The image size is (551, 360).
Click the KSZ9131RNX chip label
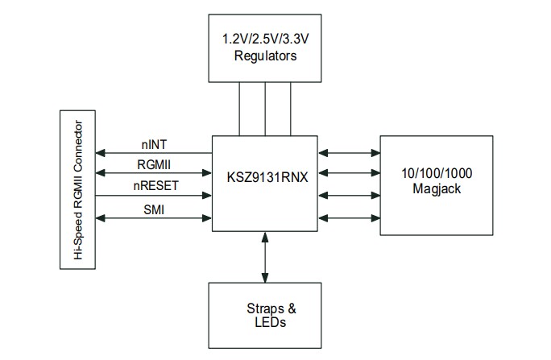click(264, 173)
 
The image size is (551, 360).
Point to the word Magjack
click(436, 190)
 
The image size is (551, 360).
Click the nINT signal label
click(155, 146)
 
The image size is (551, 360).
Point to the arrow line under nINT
click(153, 153)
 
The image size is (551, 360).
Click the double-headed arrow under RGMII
click(153, 174)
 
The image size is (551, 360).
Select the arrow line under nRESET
click(153, 196)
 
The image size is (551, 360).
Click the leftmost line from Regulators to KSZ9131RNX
click(239, 109)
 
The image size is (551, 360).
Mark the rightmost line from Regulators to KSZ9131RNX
click(291, 109)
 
